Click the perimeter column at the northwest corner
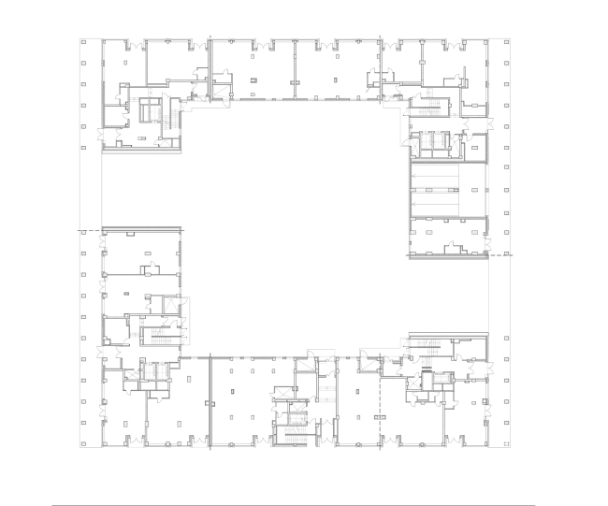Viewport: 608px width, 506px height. point(83,42)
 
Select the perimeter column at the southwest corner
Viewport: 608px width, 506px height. point(83,442)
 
